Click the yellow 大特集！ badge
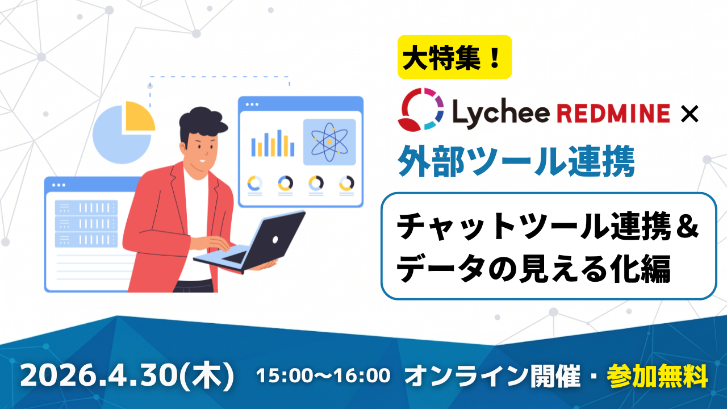[x=454, y=57]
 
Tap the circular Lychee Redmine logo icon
[x=421, y=110]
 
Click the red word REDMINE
[x=613, y=113]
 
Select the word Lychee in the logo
[x=500, y=114]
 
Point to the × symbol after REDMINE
[x=690, y=114]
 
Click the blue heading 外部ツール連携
[x=516, y=161]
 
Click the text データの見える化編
[x=533, y=268]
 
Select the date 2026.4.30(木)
[x=127, y=375]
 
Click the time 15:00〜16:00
[x=323, y=375]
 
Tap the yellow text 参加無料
[x=657, y=376]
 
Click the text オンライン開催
[x=492, y=376]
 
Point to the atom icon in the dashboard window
[x=329, y=142]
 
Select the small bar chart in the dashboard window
[x=273, y=143]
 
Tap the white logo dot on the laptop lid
[x=275, y=240]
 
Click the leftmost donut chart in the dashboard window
[x=255, y=183]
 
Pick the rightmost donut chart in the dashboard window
[x=346, y=183]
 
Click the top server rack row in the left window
[x=86, y=208]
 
